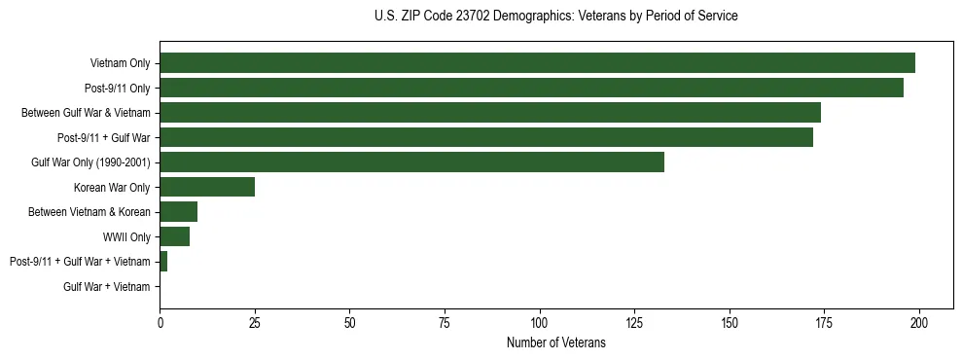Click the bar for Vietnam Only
click(x=537, y=63)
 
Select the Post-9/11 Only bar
click(x=531, y=88)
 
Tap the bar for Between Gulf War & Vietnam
click(x=490, y=113)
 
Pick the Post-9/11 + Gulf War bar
click(x=486, y=137)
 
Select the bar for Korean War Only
click(x=207, y=187)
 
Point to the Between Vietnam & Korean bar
click(x=179, y=212)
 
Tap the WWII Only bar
click(x=175, y=236)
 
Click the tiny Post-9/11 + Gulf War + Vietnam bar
click(x=163, y=262)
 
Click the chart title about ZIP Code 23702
click(x=555, y=17)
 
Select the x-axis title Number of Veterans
click(x=555, y=343)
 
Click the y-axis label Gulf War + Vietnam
click(x=107, y=287)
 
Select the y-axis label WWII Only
click(x=126, y=237)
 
